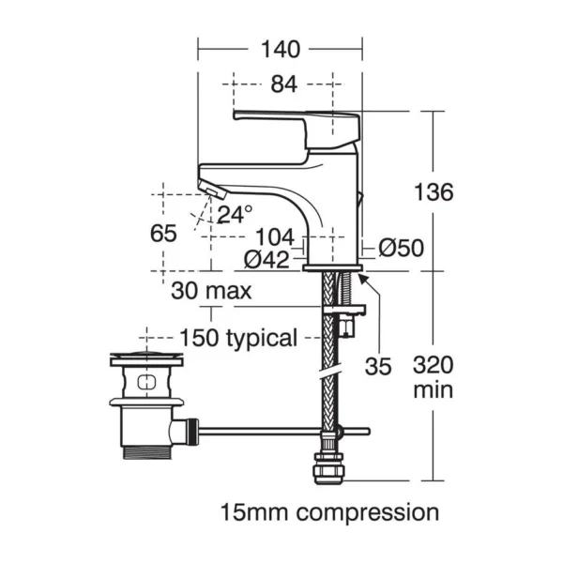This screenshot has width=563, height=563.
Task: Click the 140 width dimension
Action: click(281, 49)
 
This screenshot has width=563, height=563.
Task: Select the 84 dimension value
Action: click(284, 84)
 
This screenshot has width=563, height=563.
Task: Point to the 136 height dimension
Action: click(434, 192)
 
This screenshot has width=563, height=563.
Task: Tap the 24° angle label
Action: click(235, 214)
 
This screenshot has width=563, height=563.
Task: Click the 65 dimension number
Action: click(163, 234)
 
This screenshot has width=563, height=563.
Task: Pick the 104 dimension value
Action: click(275, 237)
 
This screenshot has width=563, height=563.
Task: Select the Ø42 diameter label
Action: click(266, 259)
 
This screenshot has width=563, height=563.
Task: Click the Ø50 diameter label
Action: click(401, 248)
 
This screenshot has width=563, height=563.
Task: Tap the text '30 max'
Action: click(211, 291)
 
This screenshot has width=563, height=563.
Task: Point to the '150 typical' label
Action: click(238, 339)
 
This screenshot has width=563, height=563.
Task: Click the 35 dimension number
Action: click(378, 367)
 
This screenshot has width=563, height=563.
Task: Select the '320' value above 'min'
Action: click(434, 365)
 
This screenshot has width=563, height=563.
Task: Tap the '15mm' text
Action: click(254, 512)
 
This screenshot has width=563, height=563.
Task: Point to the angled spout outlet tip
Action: click(213, 190)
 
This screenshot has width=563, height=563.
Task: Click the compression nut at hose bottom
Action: click(329, 468)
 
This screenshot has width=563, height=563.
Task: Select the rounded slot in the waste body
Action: click(146, 382)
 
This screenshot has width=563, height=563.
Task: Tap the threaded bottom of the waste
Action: click(147, 452)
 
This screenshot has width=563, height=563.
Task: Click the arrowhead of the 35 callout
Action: click(361, 278)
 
